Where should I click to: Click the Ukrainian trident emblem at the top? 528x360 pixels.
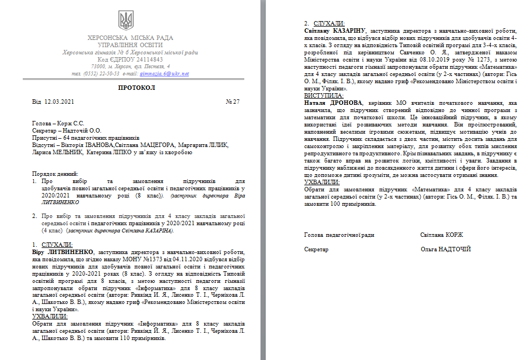pos(126,20)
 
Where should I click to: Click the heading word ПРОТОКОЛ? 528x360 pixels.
pos(137,88)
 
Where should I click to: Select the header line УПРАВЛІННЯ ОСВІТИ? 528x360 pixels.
pos(130,45)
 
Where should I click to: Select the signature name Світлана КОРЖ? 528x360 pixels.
pos(442,235)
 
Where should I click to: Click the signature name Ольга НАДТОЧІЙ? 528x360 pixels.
pos(446,250)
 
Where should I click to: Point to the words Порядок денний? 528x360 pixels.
pos(56,174)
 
